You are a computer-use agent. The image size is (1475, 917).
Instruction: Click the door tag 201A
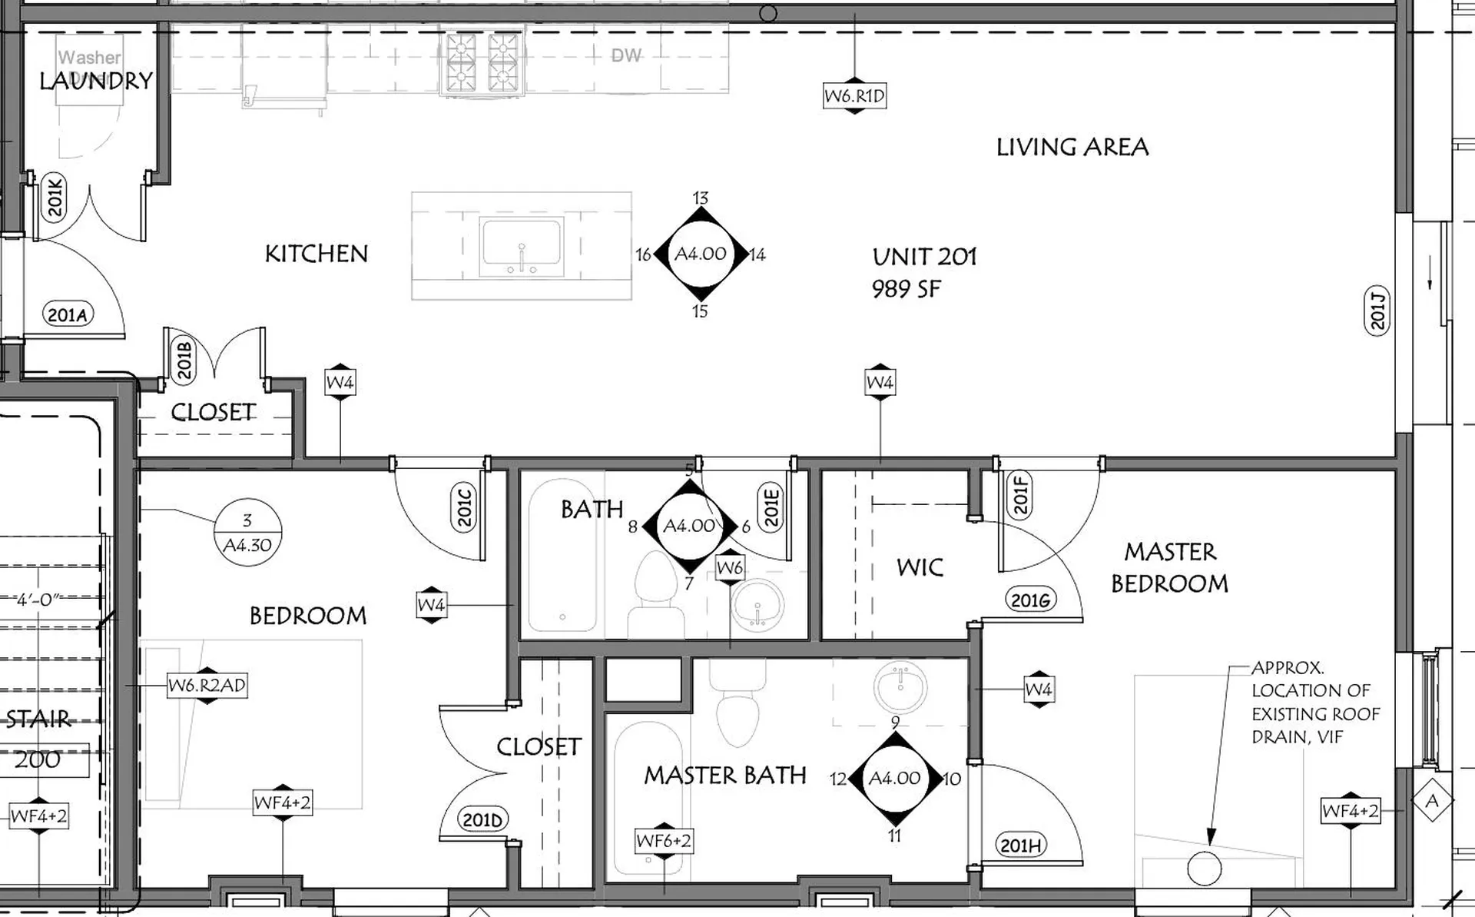[68, 314]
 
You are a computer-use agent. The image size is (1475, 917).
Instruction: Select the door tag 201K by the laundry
[55, 198]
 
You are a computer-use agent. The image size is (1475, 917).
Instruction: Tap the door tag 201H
[1021, 846]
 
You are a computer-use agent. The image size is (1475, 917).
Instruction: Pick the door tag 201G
[1030, 600]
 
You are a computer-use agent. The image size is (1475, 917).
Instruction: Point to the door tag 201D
[482, 820]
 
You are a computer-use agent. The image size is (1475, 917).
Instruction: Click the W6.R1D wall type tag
[854, 96]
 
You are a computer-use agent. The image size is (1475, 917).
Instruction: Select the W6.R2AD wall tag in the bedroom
[207, 685]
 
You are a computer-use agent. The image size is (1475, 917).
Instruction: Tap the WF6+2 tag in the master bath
[664, 841]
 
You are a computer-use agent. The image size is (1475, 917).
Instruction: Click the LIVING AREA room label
[1072, 147]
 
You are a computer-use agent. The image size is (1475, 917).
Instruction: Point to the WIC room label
[920, 567]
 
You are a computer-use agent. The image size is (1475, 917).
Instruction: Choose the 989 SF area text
[906, 289]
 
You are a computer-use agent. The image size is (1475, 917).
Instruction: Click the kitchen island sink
[522, 246]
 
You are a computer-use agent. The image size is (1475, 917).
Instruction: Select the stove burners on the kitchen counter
[482, 63]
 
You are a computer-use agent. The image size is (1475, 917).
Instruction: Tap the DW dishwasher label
[626, 55]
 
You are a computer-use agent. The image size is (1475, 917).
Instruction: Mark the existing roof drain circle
[1204, 869]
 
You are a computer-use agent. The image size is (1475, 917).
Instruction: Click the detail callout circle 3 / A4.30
[247, 533]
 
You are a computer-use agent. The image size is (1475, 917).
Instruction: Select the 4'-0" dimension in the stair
[38, 599]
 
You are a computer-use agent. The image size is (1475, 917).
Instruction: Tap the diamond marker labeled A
[1432, 802]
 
